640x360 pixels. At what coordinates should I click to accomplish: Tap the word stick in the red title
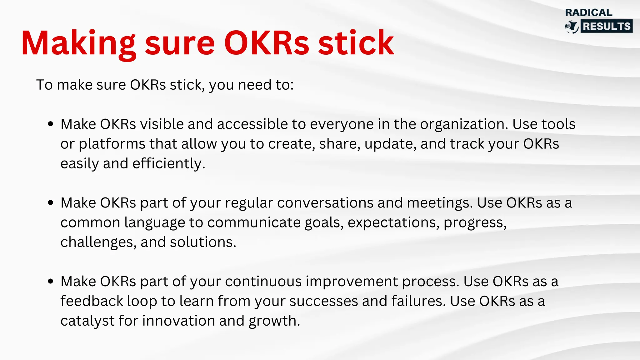356,43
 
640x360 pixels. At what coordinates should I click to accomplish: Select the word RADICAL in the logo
588,12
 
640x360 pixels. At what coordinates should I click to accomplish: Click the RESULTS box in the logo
607,26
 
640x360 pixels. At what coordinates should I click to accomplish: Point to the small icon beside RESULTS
572,27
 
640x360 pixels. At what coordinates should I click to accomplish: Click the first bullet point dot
51,124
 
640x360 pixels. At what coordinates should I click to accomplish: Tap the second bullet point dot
51,203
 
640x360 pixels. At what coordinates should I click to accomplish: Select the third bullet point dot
51,282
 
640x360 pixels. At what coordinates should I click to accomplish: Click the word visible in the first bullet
162,124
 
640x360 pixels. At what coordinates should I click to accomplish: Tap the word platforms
112,144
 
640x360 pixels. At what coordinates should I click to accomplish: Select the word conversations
325,203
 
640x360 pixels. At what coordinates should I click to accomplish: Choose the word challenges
98,242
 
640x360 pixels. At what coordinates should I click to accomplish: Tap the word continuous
263,282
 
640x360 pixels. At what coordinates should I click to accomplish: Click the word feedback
92,301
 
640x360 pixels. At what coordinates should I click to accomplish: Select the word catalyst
87,321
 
